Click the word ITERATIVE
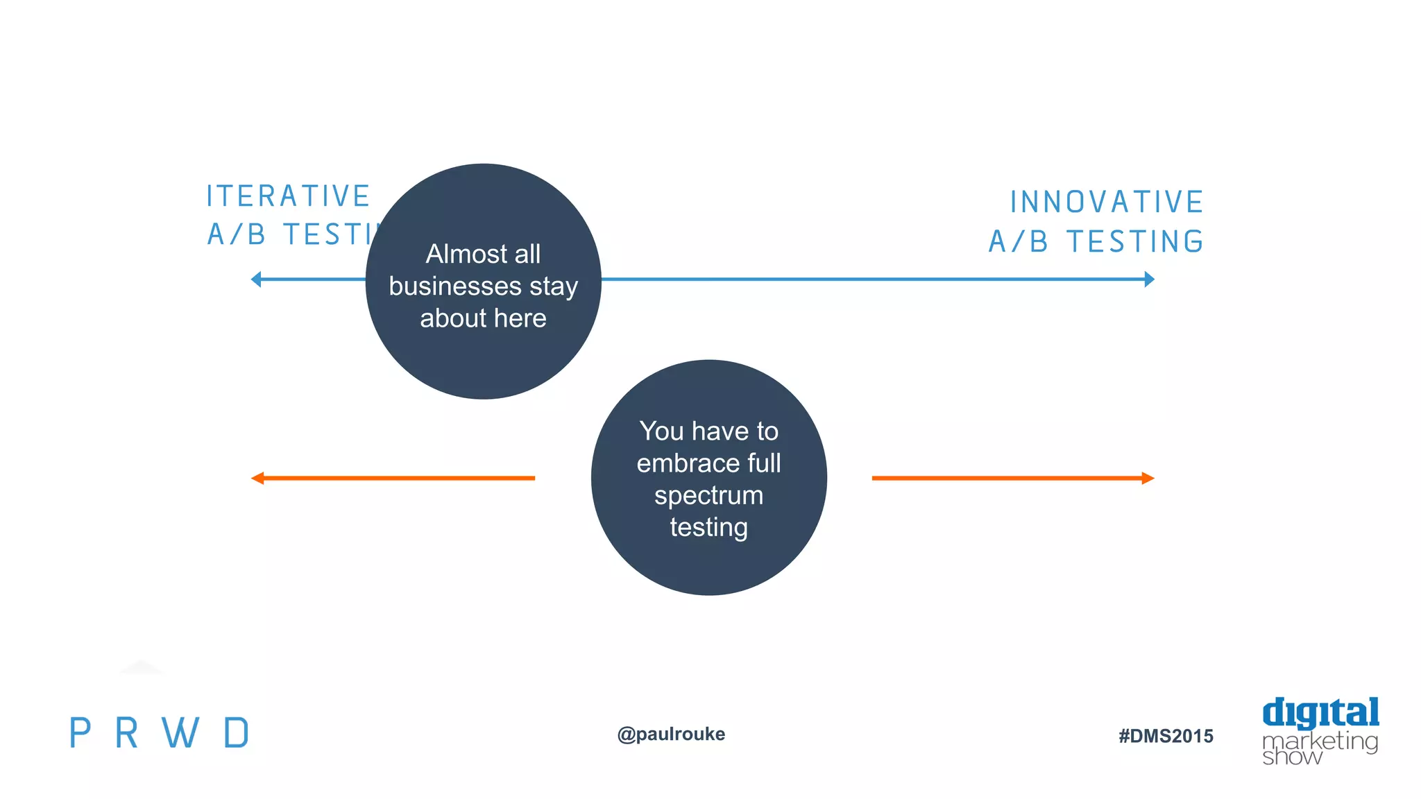(x=288, y=196)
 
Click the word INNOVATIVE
(x=1106, y=203)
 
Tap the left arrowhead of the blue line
(x=256, y=280)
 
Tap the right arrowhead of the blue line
(x=1149, y=280)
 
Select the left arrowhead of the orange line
(x=257, y=478)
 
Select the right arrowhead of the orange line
(x=1148, y=478)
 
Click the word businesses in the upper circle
(x=454, y=286)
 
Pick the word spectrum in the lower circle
(x=708, y=495)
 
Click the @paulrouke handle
(x=671, y=734)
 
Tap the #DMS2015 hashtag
(x=1166, y=736)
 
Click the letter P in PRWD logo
(x=80, y=733)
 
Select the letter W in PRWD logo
(x=180, y=733)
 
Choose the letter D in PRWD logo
(x=237, y=733)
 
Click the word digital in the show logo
(x=1320, y=714)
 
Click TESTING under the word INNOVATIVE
(x=1134, y=242)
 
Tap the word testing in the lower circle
(x=708, y=527)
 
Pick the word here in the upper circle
(x=520, y=318)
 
